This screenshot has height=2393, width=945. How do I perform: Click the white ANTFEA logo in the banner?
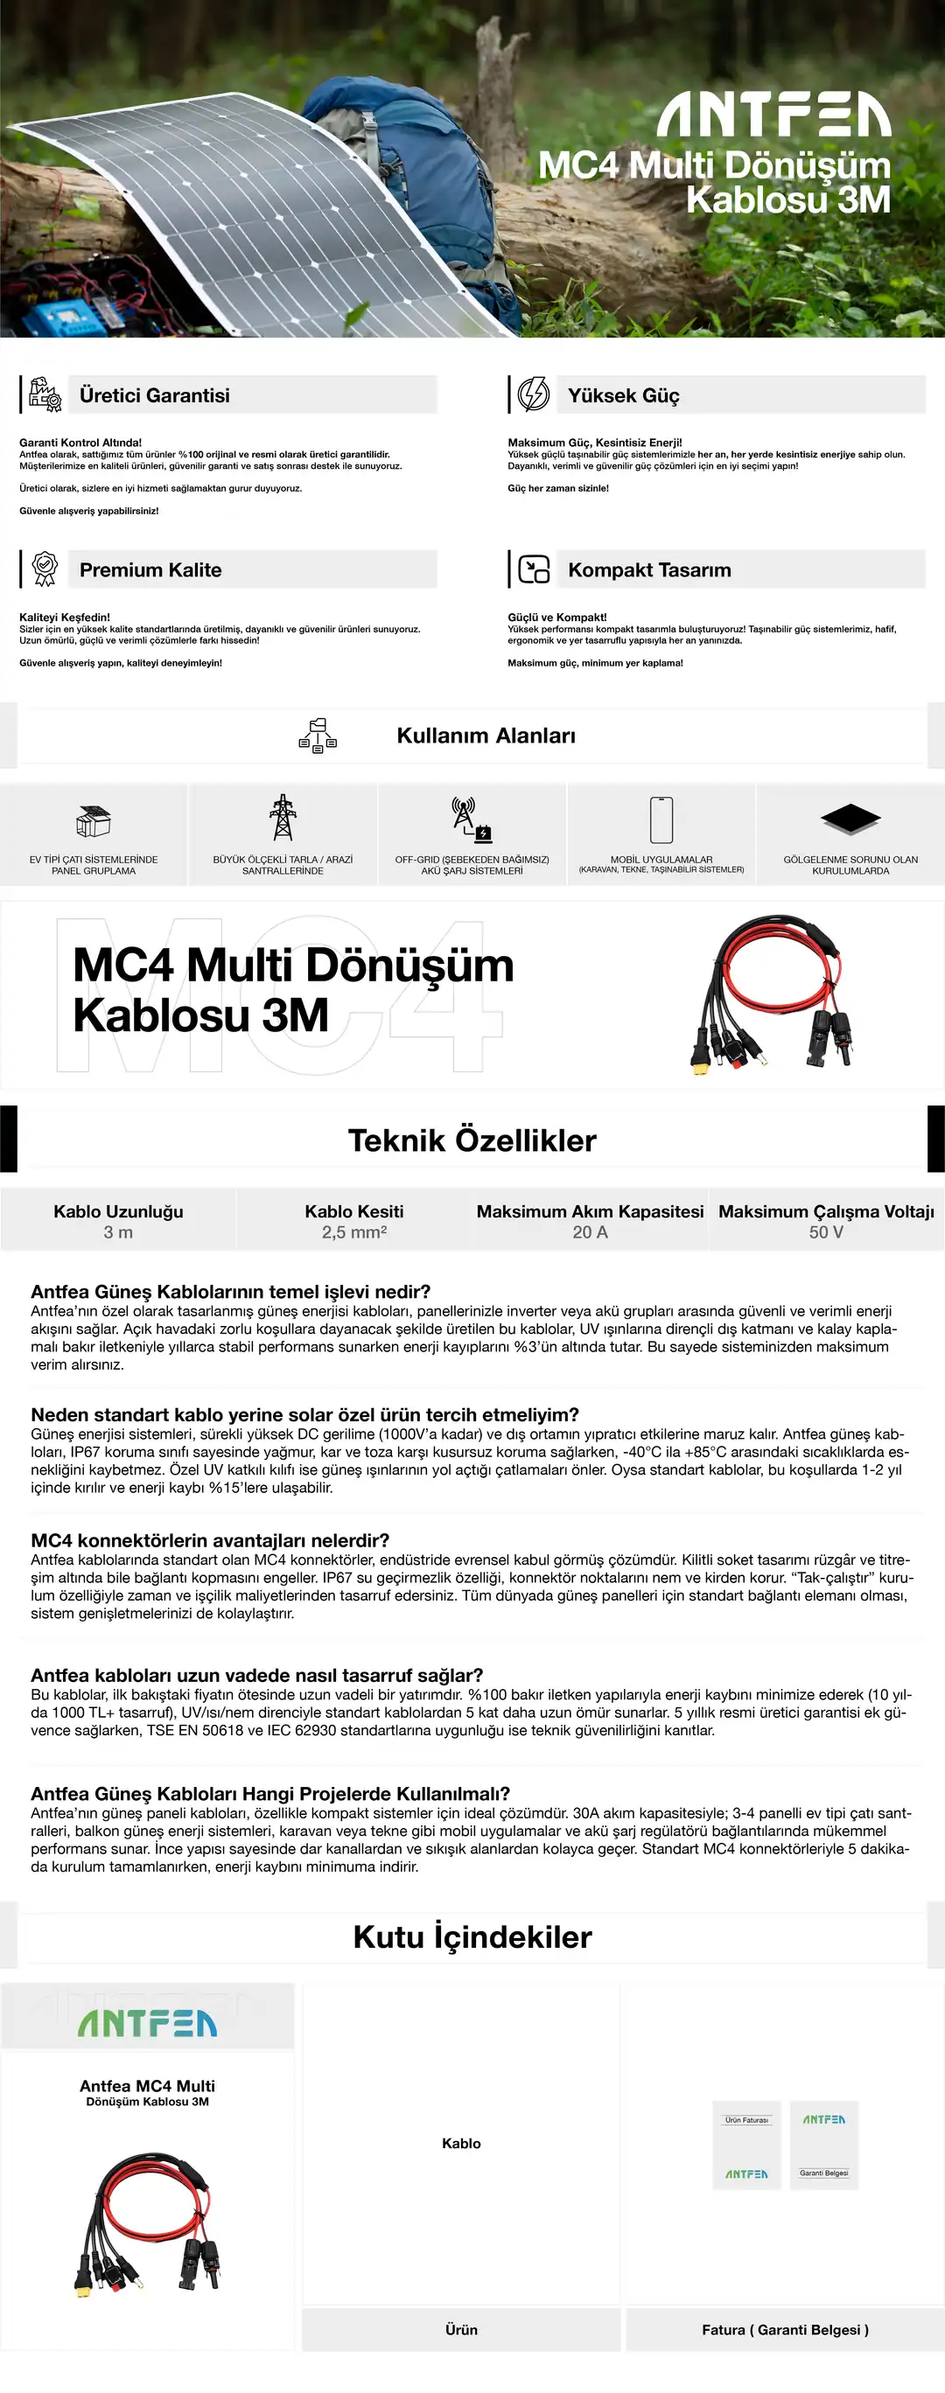pyautogui.click(x=773, y=115)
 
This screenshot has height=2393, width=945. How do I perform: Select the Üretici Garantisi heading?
pyautogui.click(x=154, y=394)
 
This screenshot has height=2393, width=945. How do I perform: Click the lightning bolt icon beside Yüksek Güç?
pyautogui.click(x=534, y=394)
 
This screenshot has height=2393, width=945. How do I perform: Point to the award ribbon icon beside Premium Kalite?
pyautogui.click(x=45, y=569)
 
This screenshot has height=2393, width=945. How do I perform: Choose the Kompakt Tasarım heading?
pyautogui.click(x=648, y=569)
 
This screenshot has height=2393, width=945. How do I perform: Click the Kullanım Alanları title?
pyautogui.click(x=485, y=735)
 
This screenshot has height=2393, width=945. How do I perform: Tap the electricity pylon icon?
pyautogui.click(x=283, y=818)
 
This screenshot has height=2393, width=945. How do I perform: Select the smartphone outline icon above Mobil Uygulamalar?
pyautogui.click(x=661, y=820)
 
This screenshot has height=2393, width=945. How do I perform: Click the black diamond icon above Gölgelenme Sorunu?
pyautogui.click(x=850, y=819)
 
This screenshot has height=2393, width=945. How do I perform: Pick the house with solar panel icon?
pyautogui.click(x=93, y=820)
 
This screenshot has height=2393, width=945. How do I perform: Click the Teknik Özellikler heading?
pyautogui.click(x=472, y=1140)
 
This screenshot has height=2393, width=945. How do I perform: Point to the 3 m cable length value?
pyautogui.click(x=118, y=1231)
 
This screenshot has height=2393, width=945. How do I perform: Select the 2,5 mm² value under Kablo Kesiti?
pyautogui.click(x=354, y=1231)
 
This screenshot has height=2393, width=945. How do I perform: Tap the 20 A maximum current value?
pyautogui.click(x=590, y=1231)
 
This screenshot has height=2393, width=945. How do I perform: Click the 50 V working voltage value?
pyautogui.click(x=826, y=1231)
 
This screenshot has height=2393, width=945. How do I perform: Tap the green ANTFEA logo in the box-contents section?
pyautogui.click(x=147, y=2024)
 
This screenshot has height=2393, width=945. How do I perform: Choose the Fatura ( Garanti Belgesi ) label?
pyautogui.click(x=785, y=2329)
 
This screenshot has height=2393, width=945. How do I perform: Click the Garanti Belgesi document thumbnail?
pyautogui.click(x=824, y=2145)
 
